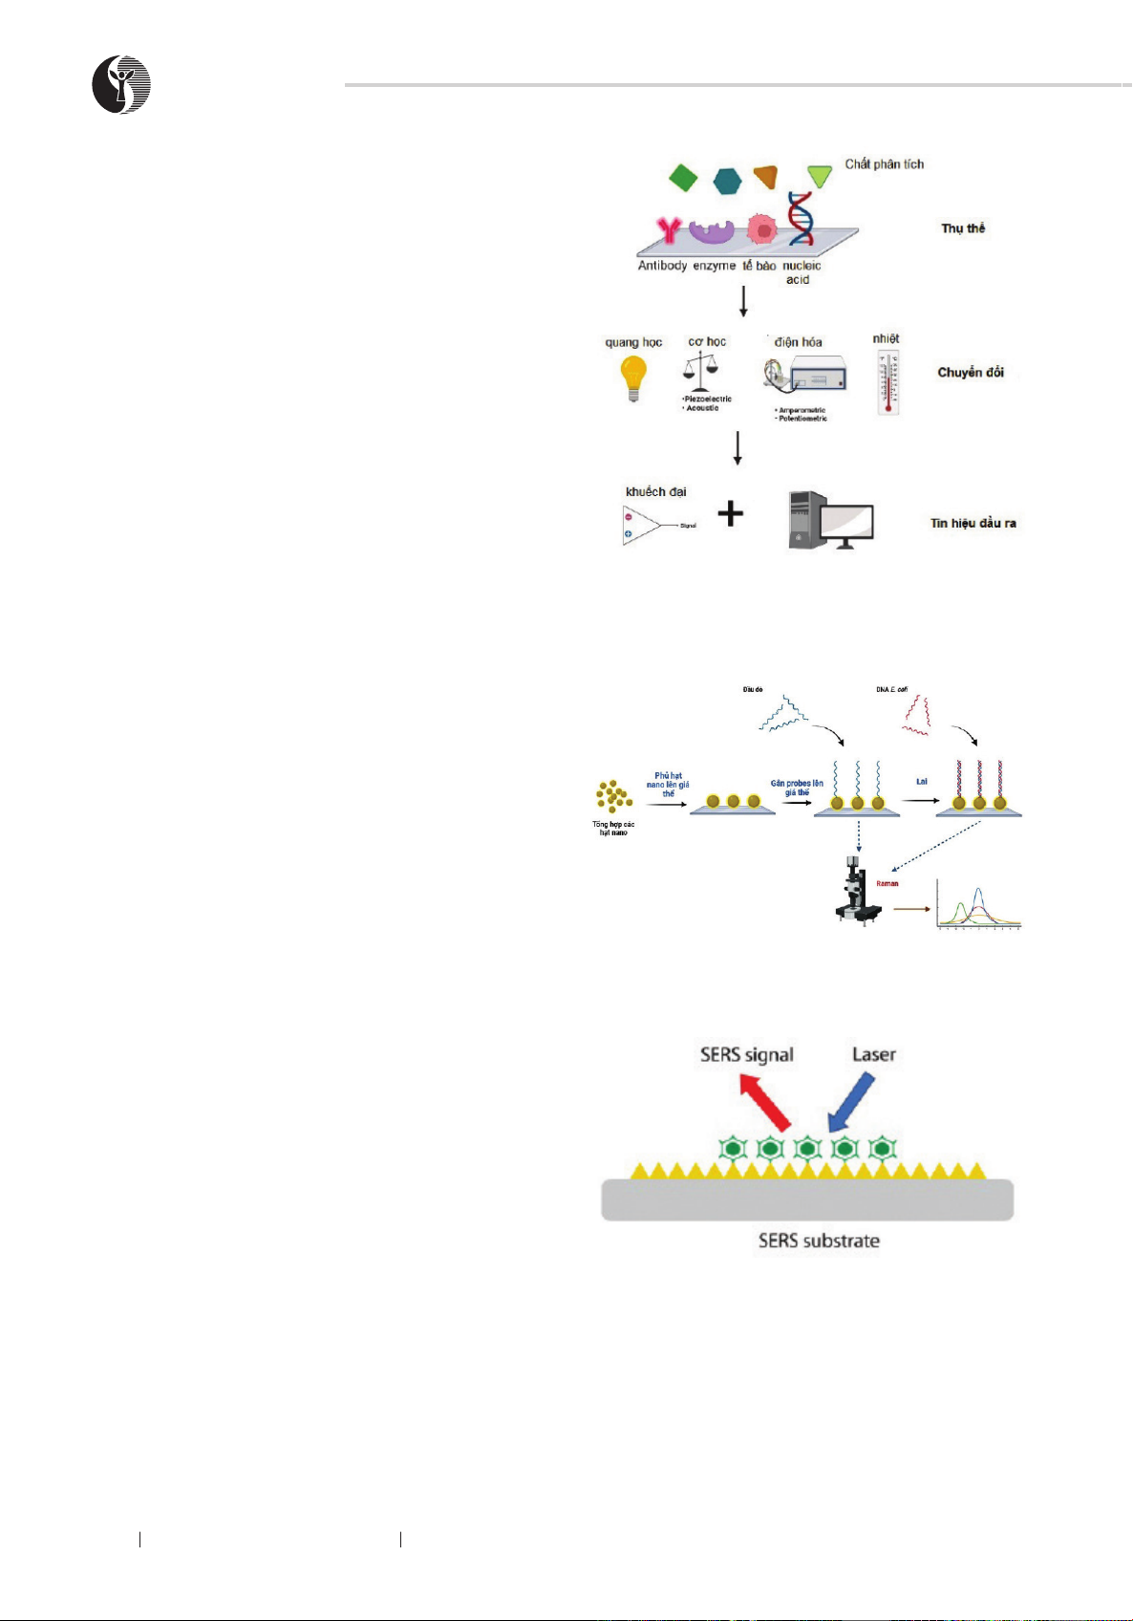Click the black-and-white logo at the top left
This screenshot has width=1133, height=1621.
tap(121, 85)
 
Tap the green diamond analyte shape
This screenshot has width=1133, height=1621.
tap(683, 178)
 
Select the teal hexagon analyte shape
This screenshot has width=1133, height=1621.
tap(727, 180)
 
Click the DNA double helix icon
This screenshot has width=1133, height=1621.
tap(801, 219)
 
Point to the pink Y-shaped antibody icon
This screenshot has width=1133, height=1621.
tap(669, 230)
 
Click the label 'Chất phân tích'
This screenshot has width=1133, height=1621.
tap(884, 164)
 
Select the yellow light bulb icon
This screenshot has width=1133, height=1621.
tap(632, 378)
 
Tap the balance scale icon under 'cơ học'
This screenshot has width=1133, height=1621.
tap(701, 371)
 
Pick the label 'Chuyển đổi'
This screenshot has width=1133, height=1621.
tap(970, 373)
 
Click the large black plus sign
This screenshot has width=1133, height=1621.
tap(731, 514)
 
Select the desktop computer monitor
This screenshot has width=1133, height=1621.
tap(845, 524)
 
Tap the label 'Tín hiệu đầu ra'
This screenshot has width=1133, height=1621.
tap(973, 523)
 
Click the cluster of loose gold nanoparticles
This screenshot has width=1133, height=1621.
tap(613, 797)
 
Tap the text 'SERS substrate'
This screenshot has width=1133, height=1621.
tap(819, 1241)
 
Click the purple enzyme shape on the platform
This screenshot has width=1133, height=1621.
tap(712, 233)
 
